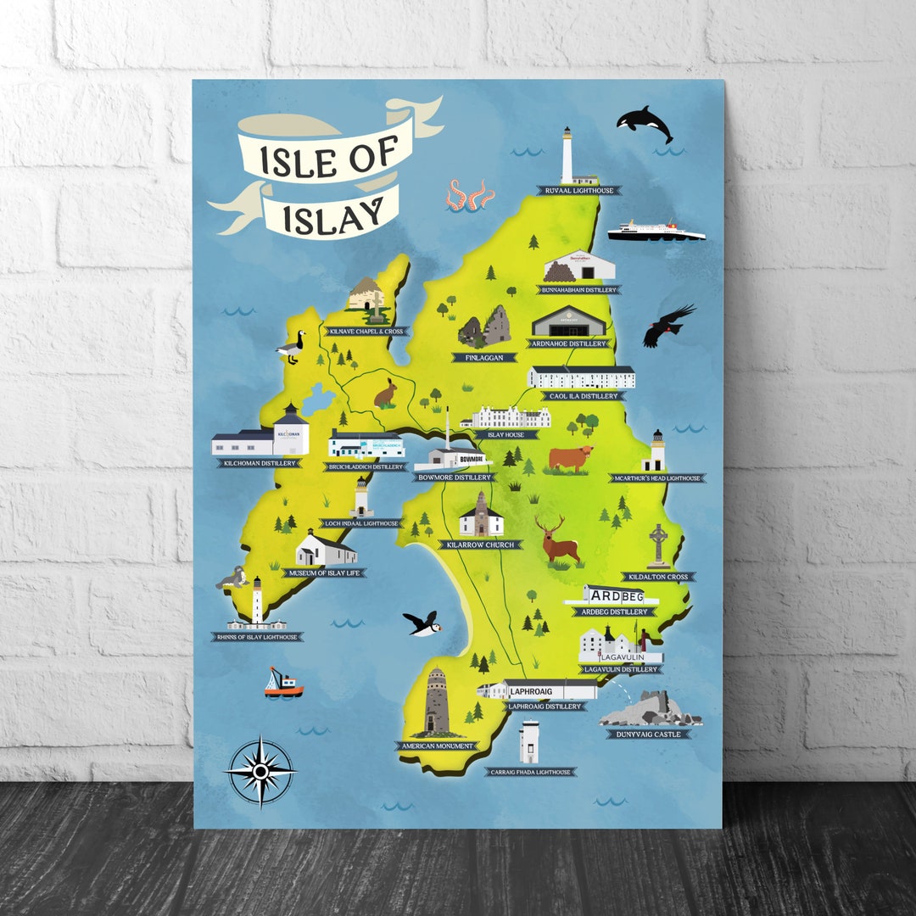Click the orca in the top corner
(x=645, y=122)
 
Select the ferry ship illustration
(x=655, y=231)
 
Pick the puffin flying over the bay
(x=422, y=623)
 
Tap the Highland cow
(x=570, y=459)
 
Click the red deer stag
(x=559, y=541)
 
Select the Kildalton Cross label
(x=656, y=577)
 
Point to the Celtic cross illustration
(x=658, y=545)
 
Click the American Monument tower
(x=436, y=701)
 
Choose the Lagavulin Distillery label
(x=618, y=669)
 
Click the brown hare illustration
(x=386, y=393)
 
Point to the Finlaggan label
(x=489, y=358)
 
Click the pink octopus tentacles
(x=470, y=196)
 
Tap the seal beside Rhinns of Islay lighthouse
(x=232, y=580)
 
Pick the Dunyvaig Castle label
(x=648, y=734)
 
